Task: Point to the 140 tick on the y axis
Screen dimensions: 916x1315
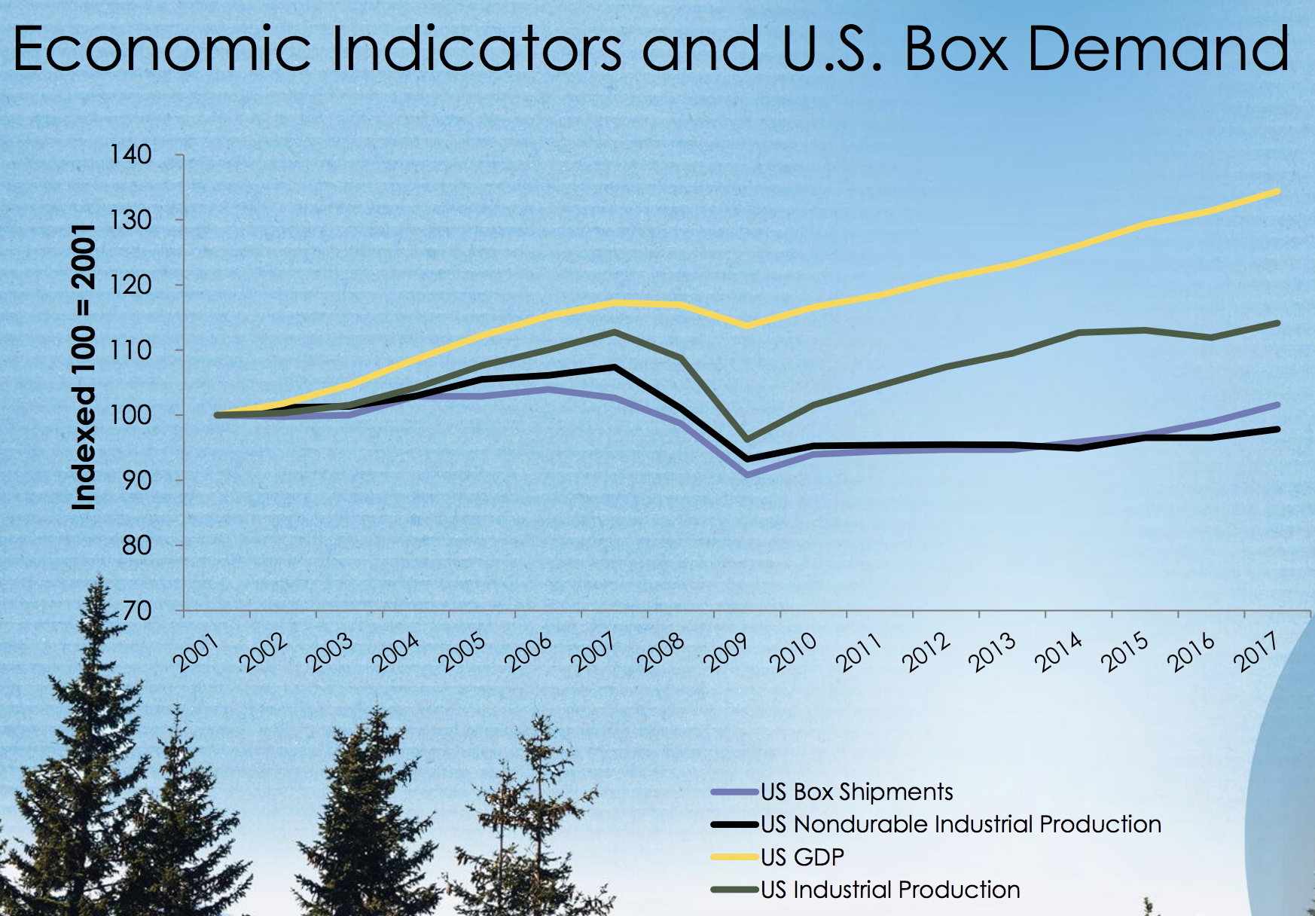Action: click(x=131, y=155)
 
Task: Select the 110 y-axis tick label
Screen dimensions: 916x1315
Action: click(x=131, y=350)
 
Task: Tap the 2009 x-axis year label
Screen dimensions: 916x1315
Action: click(x=728, y=652)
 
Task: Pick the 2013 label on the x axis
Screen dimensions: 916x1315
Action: click(x=993, y=652)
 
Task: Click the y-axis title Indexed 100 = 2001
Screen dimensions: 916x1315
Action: click(x=84, y=367)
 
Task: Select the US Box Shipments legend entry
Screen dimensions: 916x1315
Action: click(x=856, y=792)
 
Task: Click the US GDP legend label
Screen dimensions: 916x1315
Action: click(x=802, y=857)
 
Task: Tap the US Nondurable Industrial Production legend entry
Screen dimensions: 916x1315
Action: click(x=960, y=824)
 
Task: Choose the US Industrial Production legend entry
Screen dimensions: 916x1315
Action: click(x=890, y=890)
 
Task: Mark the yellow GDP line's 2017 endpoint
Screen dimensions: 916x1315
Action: click(x=1277, y=191)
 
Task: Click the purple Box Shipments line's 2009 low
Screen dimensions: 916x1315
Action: click(x=747, y=475)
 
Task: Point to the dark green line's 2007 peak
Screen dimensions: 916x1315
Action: click(x=615, y=331)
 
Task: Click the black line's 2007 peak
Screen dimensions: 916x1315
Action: click(x=615, y=368)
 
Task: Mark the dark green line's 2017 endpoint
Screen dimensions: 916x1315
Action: click(x=1277, y=323)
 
